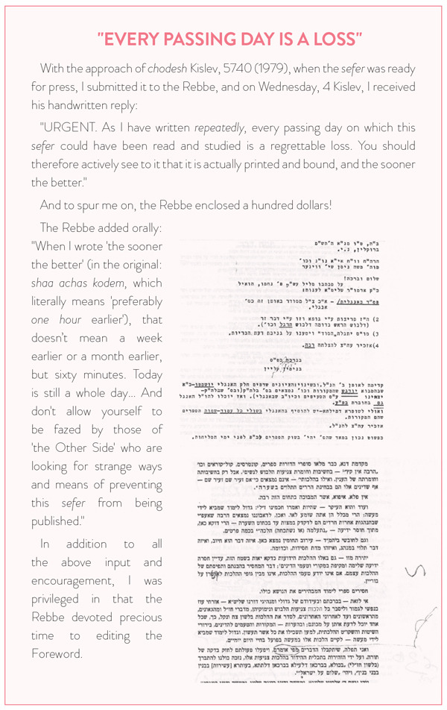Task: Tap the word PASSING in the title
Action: click(193, 38)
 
